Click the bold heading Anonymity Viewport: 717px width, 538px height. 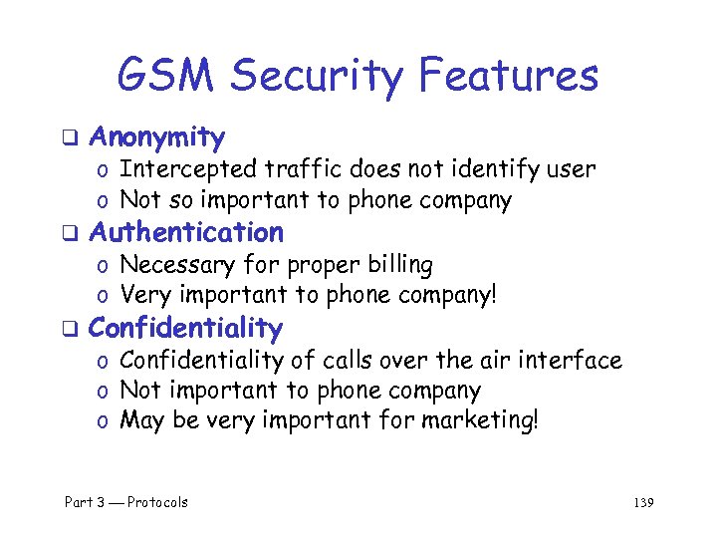156,137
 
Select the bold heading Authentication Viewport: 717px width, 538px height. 186,233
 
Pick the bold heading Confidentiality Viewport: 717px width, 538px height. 186,328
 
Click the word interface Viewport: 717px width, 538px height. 571,360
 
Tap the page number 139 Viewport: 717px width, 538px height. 642,502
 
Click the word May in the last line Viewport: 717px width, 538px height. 142,421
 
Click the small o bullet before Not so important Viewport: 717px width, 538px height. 103,201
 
